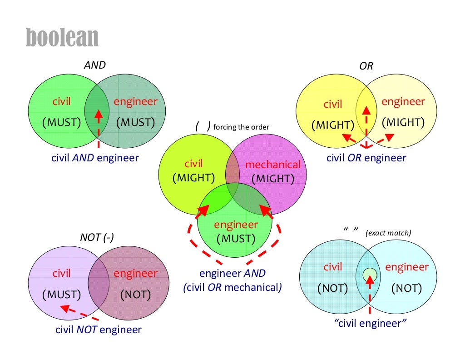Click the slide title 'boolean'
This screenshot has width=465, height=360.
click(x=62, y=37)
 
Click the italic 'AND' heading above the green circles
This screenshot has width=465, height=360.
click(x=94, y=65)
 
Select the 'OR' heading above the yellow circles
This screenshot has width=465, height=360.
click(x=366, y=66)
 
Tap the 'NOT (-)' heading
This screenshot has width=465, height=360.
click(x=97, y=237)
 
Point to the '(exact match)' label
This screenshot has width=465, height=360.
click(x=388, y=233)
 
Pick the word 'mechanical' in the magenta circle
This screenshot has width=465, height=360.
click(x=273, y=165)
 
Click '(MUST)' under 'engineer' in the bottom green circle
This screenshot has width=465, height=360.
click(x=236, y=238)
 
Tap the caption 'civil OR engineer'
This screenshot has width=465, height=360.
click(x=366, y=158)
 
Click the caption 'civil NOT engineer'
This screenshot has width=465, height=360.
click(x=98, y=330)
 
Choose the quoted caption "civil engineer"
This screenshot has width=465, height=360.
click(x=370, y=324)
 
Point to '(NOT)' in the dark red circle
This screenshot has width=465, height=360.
click(x=135, y=295)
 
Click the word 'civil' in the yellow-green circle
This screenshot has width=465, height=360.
click(x=193, y=164)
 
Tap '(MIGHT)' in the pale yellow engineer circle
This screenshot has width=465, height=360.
click(x=403, y=122)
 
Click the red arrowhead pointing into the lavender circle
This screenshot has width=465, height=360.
click(x=65, y=308)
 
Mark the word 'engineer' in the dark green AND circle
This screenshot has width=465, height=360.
click(x=135, y=101)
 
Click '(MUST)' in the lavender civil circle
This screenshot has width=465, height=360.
click(x=61, y=295)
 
